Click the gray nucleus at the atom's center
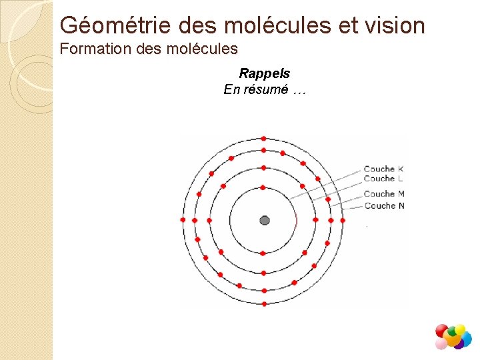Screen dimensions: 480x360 tap(265, 221)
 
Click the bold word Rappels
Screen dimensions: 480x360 tap(265, 74)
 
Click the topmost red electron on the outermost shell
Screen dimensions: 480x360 tap(264, 138)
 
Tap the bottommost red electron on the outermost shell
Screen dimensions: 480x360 tap(265, 304)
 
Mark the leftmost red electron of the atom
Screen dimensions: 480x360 tap(183, 220)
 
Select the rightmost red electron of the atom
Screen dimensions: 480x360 tap(343, 220)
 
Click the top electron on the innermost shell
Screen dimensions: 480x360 tap(263, 187)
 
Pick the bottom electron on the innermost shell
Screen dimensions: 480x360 tap(263, 253)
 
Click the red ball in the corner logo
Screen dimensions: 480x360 tap(441, 330)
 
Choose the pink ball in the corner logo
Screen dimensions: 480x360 tap(441, 343)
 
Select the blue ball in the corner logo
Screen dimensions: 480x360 tap(465, 339)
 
